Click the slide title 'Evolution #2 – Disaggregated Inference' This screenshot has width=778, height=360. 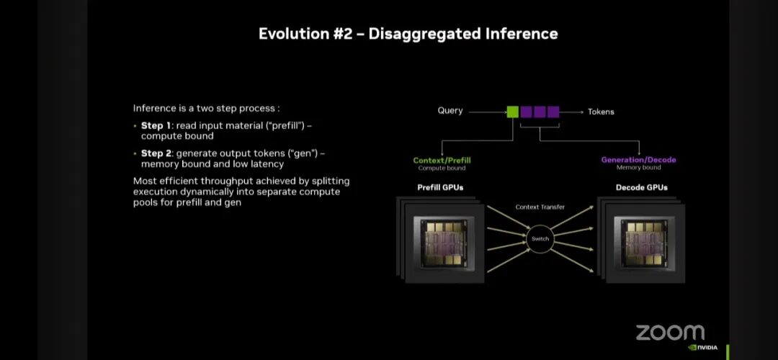(x=408, y=34)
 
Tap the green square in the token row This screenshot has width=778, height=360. (x=512, y=112)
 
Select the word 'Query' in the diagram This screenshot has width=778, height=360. (x=450, y=112)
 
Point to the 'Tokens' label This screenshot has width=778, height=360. (x=601, y=112)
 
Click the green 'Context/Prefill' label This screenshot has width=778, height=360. (x=442, y=160)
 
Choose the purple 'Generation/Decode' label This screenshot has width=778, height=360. (x=638, y=160)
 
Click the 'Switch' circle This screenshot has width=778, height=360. (x=540, y=238)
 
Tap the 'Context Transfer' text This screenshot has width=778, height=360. (x=540, y=207)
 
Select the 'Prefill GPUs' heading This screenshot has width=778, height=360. (x=441, y=188)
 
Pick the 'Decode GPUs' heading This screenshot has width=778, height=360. (x=641, y=188)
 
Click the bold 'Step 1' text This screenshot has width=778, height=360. (x=156, y=126)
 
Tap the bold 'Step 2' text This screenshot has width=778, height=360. (x=156, y=153)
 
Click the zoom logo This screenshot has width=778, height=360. (x=669, y=332)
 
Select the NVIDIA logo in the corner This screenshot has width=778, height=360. (x=703, y=347)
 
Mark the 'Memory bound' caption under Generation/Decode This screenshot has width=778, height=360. (x=638, y=168)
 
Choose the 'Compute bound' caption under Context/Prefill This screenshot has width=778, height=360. (x=442, y=168)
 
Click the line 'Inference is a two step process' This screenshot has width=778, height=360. (x=206, y=108)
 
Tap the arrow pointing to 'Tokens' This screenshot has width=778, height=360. (x=572, y=112)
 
